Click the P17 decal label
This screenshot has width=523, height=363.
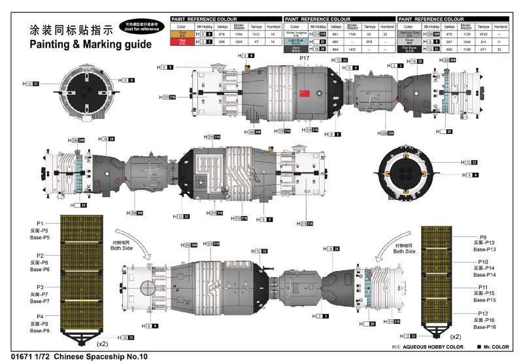point(304,59)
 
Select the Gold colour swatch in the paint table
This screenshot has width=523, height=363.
point(182,33)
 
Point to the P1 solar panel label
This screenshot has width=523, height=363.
point(40,223)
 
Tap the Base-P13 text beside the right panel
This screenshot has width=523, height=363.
point(484,249)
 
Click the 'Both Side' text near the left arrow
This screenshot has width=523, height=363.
point(121,249)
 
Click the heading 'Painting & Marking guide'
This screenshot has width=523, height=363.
point(90,44)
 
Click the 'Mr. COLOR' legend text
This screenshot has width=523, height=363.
point(496,347)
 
